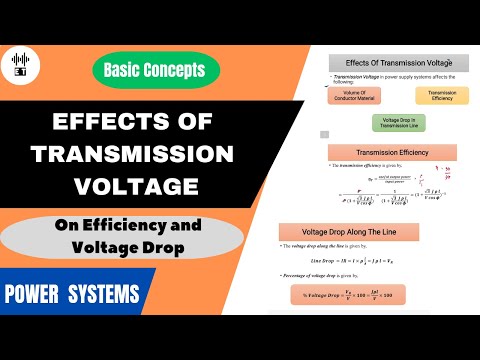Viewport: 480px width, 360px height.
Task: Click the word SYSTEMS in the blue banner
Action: click(106, 295)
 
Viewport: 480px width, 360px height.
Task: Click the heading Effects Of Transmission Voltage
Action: click(394, 62)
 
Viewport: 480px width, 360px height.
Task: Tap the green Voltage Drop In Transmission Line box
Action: click(393, 124)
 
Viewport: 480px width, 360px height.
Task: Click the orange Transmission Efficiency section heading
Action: click(393, 152)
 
